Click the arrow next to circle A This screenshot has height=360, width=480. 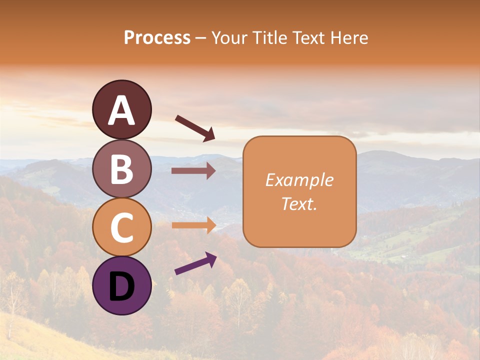pos(195,128)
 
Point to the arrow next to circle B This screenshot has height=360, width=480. pos(193,171)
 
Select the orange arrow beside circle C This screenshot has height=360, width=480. pos(193,225)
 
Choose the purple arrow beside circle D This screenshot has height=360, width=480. pos(195,263)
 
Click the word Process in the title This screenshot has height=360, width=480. pos(157,38)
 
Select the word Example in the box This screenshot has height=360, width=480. pos(299,180)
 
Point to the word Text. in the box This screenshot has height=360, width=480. pos(299,203)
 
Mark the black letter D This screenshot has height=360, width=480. pos(121,285)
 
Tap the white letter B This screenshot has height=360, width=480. pos(121,169)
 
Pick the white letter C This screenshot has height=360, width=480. pos(121,227)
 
